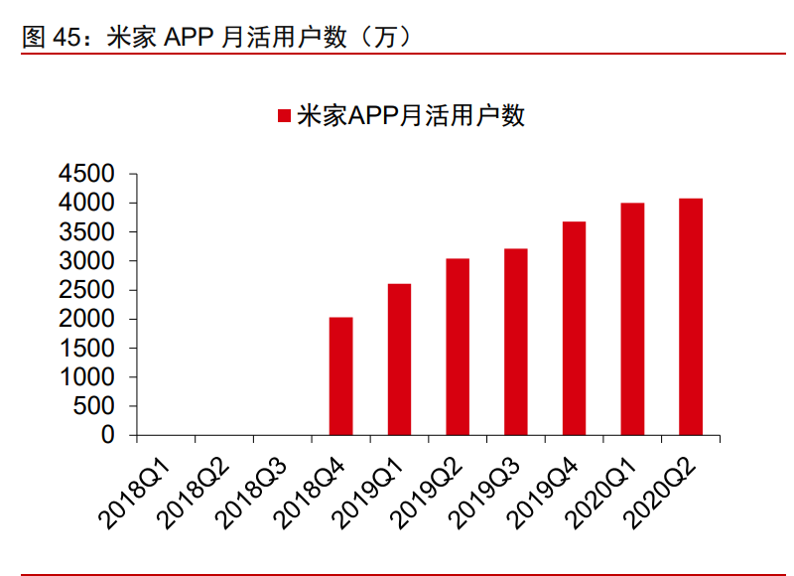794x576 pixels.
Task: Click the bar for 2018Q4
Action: pyautogui.click(x=340, y=376)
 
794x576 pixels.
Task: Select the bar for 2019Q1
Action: pyautogui.click(x=399, y=360)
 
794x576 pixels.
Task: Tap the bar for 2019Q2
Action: pyautogui.click(x=458, y=347)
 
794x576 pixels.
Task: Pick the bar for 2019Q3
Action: pyautogui.click(x=515, y=342)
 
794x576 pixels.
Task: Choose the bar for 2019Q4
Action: pyautogui.click(x=574, y=329)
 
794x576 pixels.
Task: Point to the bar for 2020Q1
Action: pyautogui.click(x=632, y=319)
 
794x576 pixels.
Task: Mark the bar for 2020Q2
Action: pyautogui.click(x=691, y=317)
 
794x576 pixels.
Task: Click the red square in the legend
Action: pyautogui.click(x=283, y=116)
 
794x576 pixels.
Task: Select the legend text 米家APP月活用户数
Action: pyautogui.click(x=411, y=116)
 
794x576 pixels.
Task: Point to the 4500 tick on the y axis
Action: pyautogui.click(x=86, y=174)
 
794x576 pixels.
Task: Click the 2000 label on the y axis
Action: pyautogui.click(x=86, y=320)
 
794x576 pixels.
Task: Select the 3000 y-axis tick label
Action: pyautogui.click(x=86, y=261)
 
